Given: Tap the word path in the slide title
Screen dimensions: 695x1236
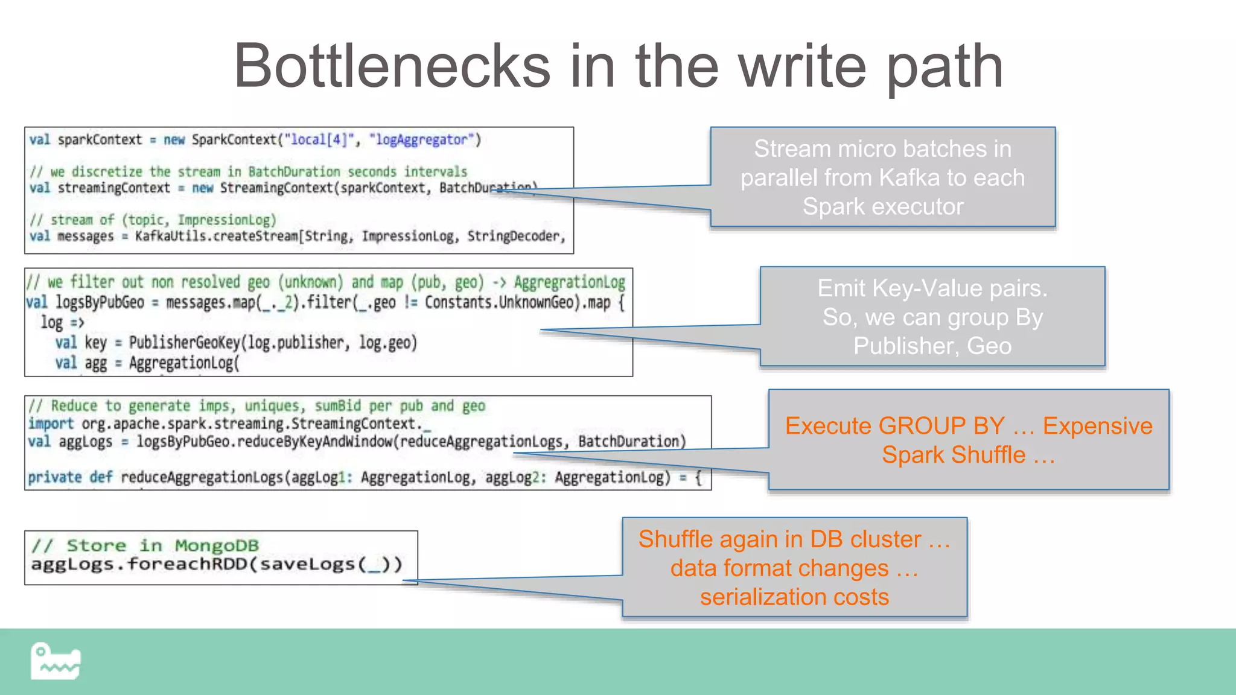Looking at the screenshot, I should (945, 68).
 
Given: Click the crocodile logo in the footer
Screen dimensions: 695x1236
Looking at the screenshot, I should (56, 662).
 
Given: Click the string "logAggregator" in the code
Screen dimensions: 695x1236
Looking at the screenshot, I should (421, 140).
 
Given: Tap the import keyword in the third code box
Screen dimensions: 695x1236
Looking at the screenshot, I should (51, 424).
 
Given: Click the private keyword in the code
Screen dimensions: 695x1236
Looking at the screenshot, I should (54, 477).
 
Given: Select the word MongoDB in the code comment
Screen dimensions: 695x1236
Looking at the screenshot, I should (217, 545).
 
